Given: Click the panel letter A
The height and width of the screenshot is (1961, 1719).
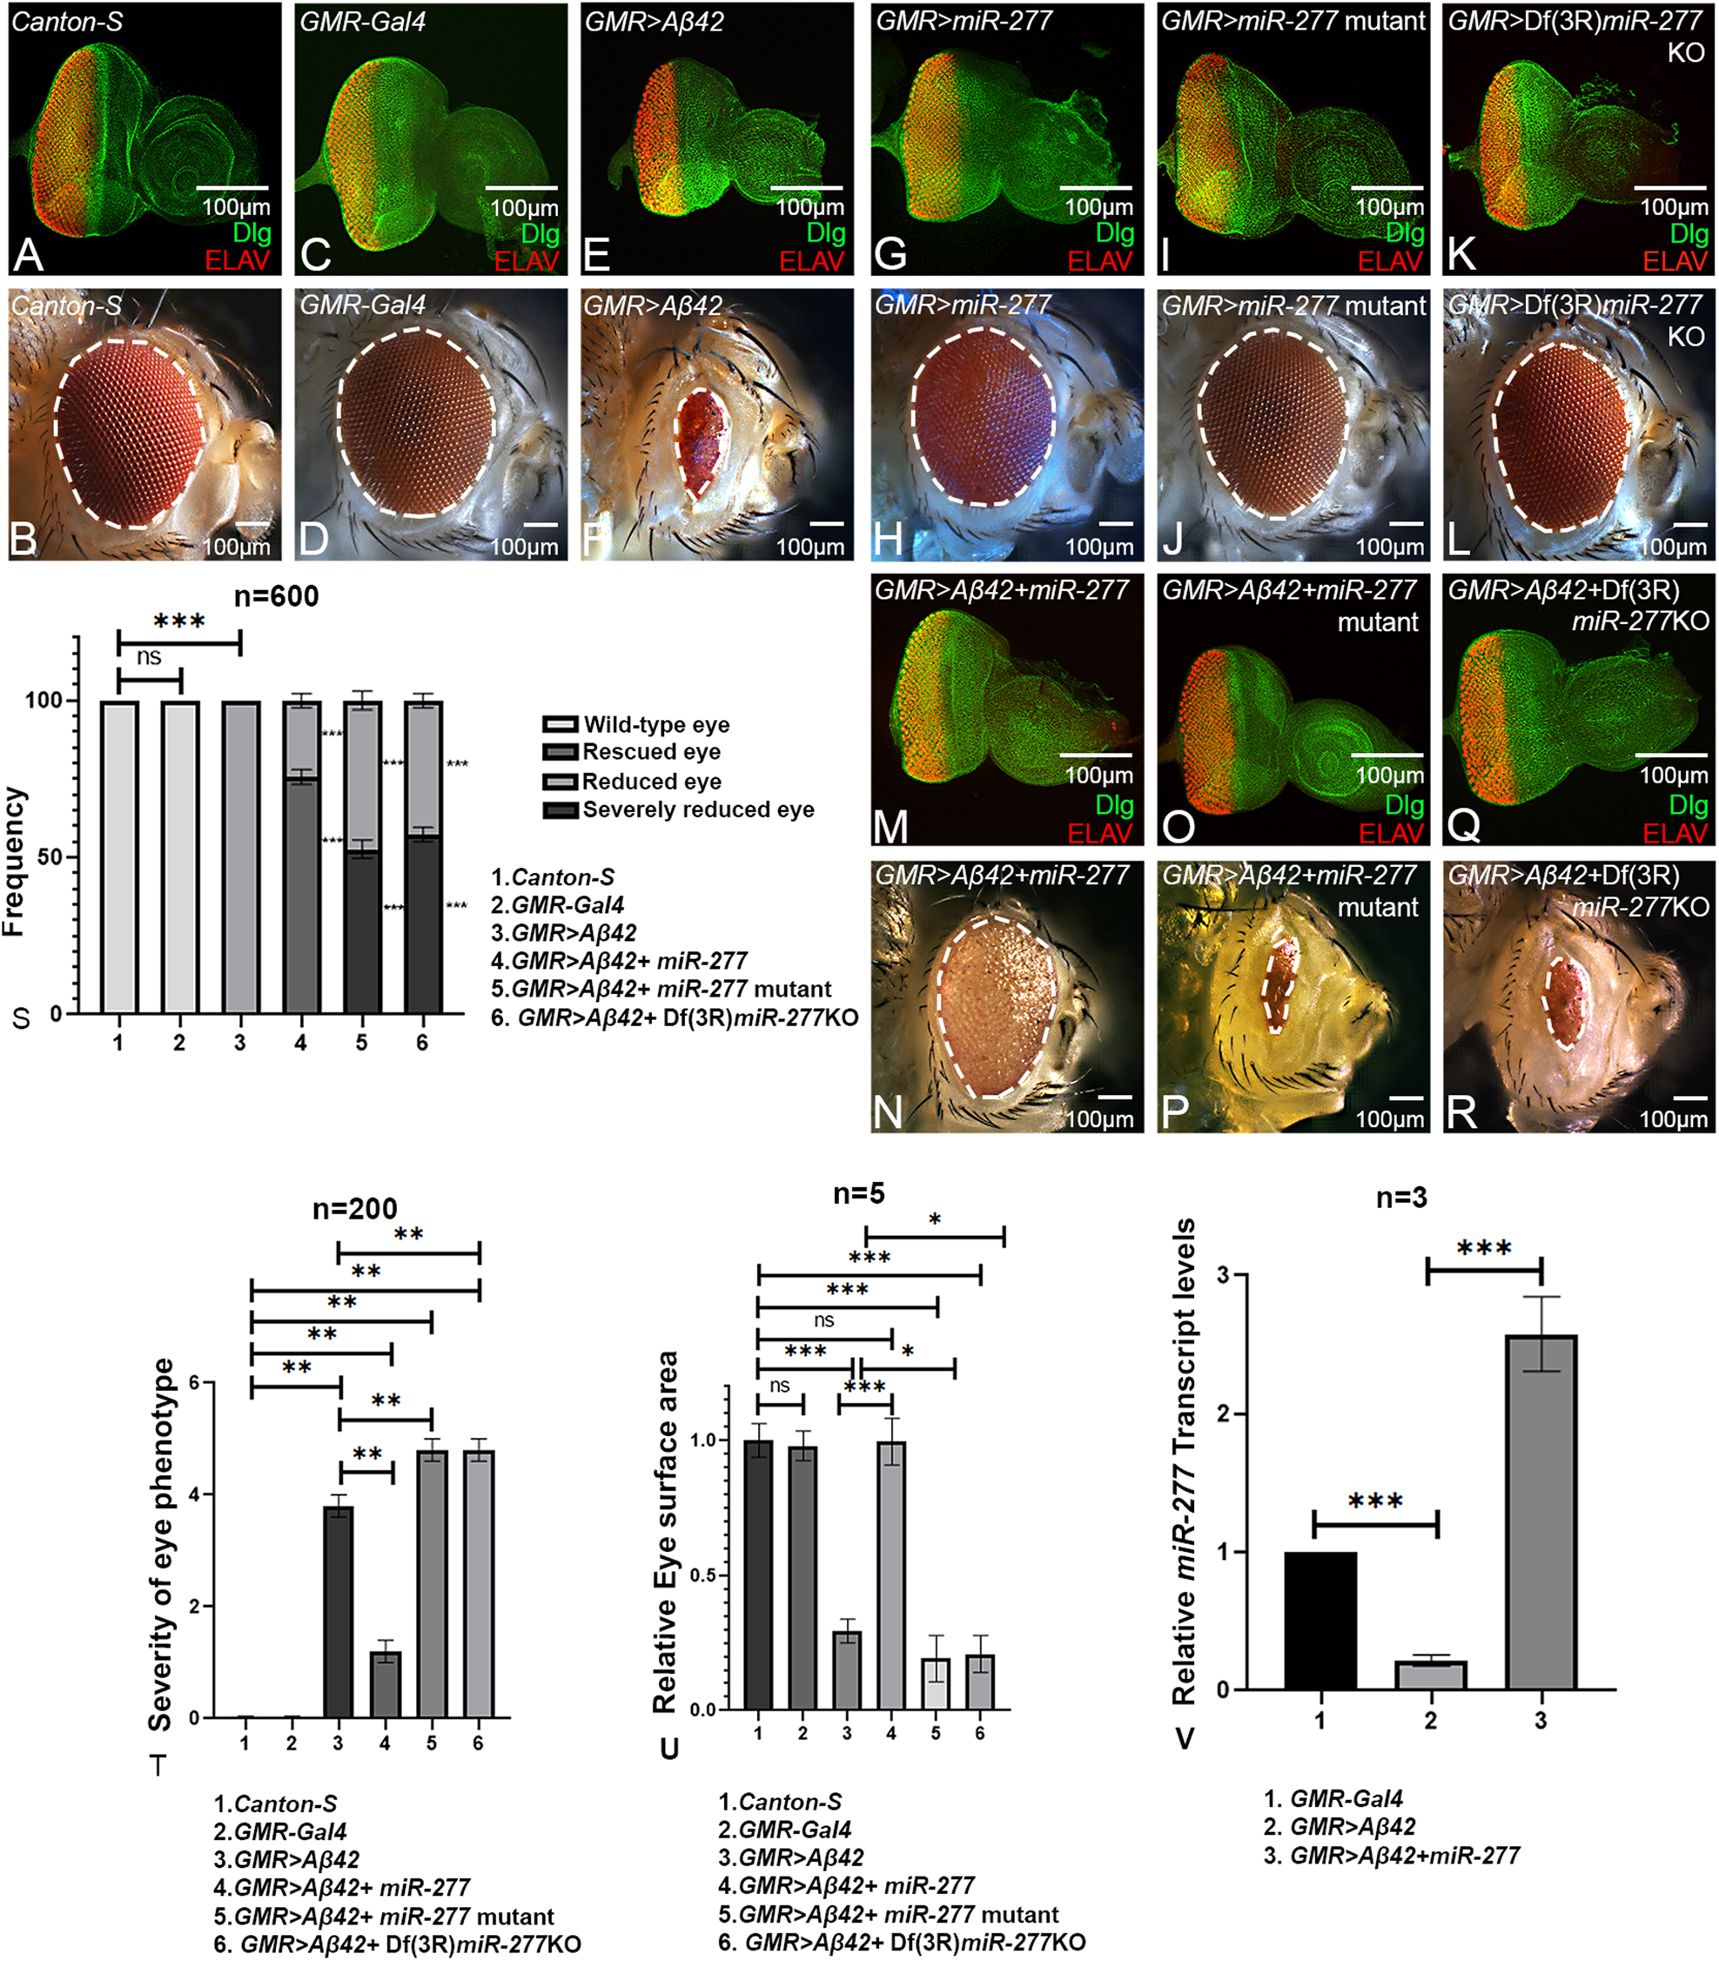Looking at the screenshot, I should pyautogui.click(x=28, y=255).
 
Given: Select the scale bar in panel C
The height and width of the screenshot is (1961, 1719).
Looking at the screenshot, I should pyautogui.click(x=522, y=188).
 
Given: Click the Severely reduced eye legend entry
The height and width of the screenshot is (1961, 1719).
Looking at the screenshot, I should pyautogui.click(x=697, y=809).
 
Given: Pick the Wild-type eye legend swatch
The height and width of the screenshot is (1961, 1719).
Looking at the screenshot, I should pyautogui.click(x=561, y=724).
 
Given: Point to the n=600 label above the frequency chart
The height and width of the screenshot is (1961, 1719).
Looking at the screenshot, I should pyautogui.click(x=276, y=597).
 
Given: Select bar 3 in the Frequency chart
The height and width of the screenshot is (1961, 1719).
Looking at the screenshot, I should pyautogui.click(x=240, y=856).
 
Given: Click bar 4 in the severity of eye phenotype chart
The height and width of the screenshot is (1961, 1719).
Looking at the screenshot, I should pyautogui.click(x=385, y=1683).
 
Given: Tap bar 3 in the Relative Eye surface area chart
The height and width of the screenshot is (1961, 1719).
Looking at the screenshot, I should pyautogui.click(x=847, y=1669).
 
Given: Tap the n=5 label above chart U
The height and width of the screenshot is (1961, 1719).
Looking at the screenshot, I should pyautogui.click(x=857, y=1193).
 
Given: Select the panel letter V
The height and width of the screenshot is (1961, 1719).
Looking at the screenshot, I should pyautogui.click(x=1185, y=1737).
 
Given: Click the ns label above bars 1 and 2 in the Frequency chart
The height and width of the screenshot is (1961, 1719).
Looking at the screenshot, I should pyautogui.click(x=149, y=657).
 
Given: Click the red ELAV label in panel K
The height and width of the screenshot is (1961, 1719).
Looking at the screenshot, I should pyautogui.click(x=1674, y=261).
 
